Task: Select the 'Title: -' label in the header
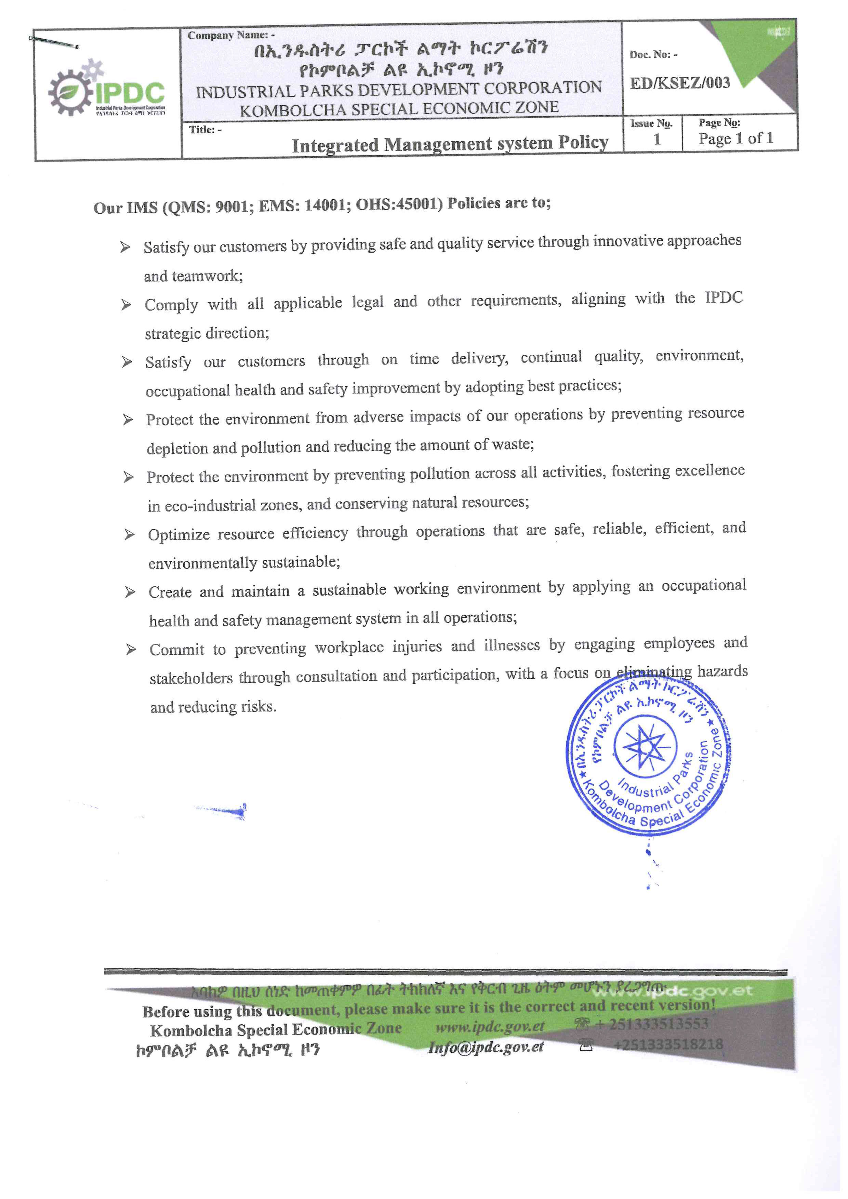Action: click(205, 130)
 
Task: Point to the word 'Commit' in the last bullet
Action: click(176, 650)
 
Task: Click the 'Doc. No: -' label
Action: click(653, 54)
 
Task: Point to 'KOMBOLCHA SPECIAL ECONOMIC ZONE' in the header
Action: click(399, 109)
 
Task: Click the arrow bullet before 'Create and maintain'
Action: click(130, 592)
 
